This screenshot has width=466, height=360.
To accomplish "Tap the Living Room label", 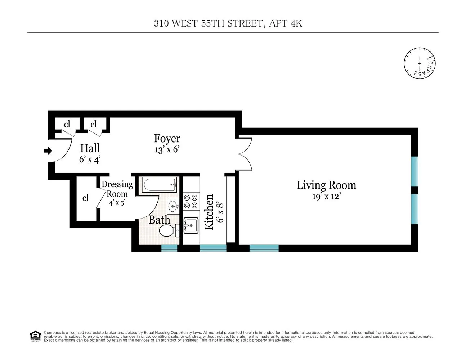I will pos(326,185).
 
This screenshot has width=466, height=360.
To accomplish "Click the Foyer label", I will pos(167,138).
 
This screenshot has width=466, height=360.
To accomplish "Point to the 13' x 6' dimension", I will pos(167,150).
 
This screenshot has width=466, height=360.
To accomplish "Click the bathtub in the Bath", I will pos(158,185).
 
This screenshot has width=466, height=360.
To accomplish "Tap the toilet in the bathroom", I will pos(168,230).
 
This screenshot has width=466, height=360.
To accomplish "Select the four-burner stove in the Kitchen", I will pos(191,202).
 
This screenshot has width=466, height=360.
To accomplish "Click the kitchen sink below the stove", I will pos(191,226).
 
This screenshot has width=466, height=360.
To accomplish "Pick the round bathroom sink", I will pos(173,206).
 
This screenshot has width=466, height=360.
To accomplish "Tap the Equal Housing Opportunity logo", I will pos(35,336).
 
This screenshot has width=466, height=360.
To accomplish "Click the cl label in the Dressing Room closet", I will pos(85,198).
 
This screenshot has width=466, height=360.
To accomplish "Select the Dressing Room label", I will pos(117,189).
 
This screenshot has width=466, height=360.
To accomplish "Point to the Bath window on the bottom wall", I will pos(169,248).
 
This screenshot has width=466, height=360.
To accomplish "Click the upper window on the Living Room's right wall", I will pos(415,171).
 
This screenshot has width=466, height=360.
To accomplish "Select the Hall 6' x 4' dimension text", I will pos(90,159).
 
